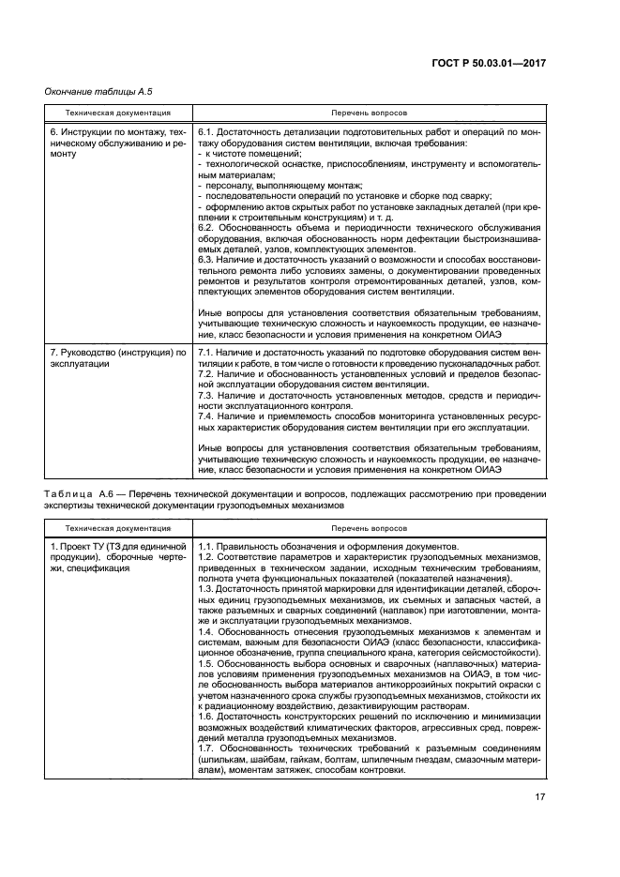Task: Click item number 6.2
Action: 207,228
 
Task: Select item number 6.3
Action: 207,260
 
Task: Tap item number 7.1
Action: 207,352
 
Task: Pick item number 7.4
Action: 207,416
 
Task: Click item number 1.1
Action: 207,546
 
